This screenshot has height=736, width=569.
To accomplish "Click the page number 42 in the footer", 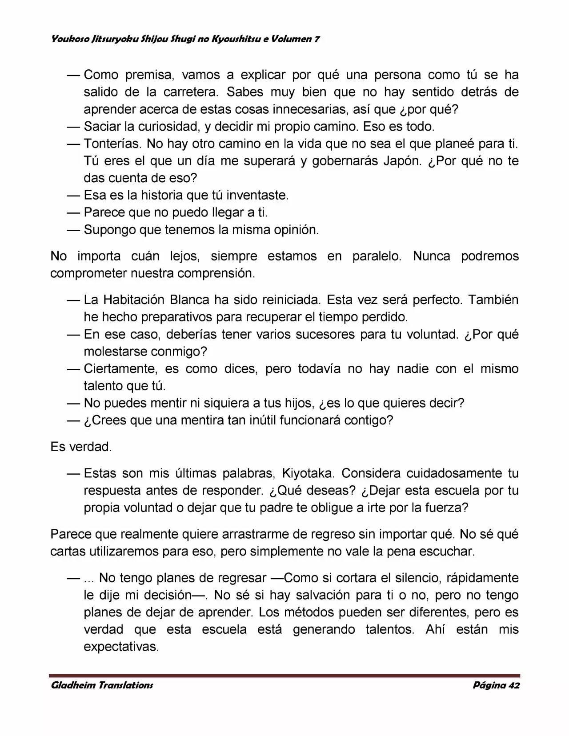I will pos(513,685).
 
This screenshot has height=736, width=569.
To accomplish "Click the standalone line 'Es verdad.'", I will pos(81,447).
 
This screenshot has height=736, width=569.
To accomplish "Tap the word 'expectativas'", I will pos(121,647).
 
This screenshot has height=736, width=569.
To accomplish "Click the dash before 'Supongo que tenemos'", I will pos(73,230).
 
